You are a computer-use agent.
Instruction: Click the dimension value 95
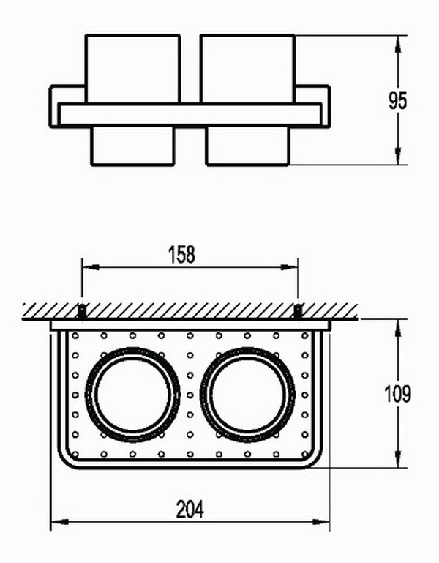[398, 100]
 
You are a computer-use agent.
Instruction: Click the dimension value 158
[181, 254]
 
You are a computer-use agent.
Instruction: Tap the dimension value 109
[397, 394]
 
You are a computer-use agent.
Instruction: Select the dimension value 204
[190, 509]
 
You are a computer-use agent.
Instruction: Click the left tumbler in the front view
[132, 100]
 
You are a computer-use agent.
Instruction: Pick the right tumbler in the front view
[248, 100]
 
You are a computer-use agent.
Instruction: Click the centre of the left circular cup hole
[132, 394]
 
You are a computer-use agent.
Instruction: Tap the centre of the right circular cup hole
[248, 394]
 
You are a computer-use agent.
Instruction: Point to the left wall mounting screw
[82, 311]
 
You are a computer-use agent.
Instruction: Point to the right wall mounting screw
[298, 311]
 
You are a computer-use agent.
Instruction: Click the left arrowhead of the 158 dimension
[91, 267]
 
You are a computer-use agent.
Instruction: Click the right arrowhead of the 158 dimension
[289, 267]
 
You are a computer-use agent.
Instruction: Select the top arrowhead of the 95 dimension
[398, 44]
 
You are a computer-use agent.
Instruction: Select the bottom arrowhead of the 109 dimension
[398, 459]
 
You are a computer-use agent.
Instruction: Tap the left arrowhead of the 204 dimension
[59, 522]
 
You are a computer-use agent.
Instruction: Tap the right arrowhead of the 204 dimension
[321, 522]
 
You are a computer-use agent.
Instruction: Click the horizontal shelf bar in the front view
[190, 114]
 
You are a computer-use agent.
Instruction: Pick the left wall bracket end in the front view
[54, 106]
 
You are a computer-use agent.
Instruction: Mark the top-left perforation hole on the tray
[75, 336]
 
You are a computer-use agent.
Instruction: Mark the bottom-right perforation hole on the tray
[305, 454]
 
